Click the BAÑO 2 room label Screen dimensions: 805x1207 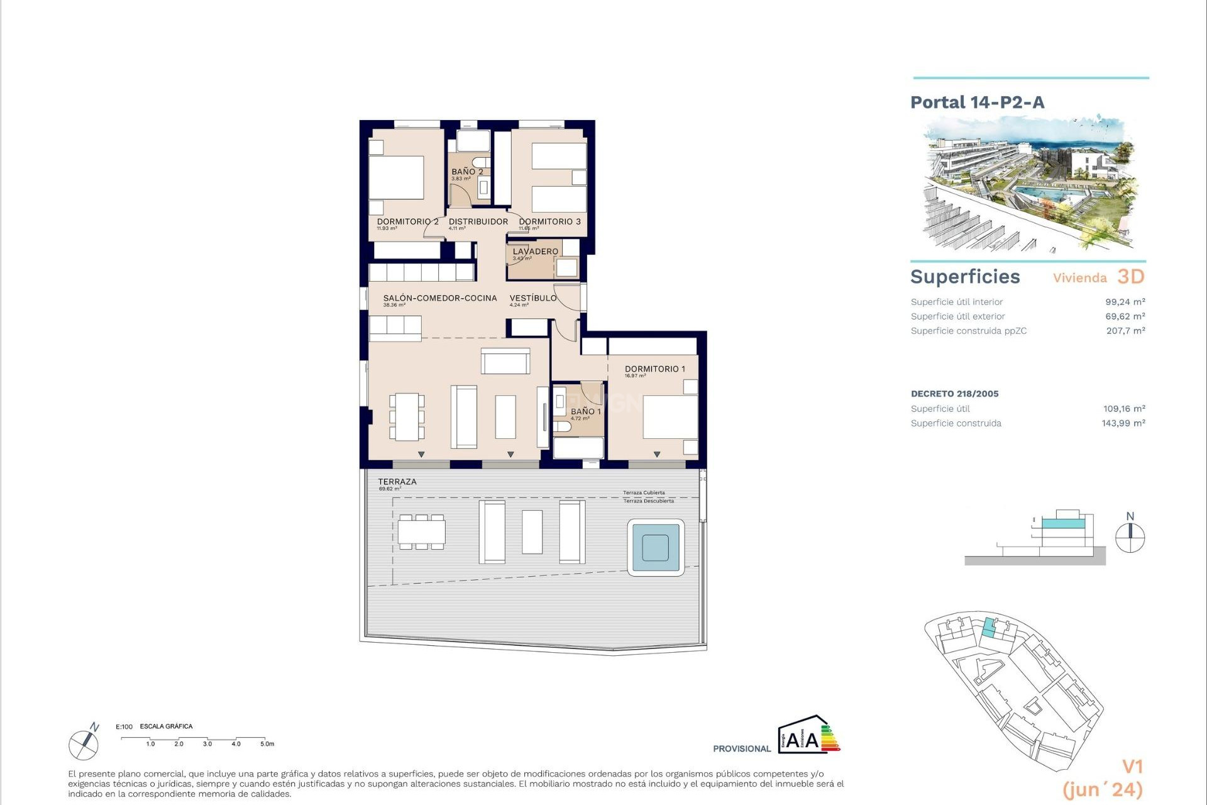pyautogui.click(x=467, y=172)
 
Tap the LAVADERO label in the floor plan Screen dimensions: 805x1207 pyautogui.click(x=535, y=252)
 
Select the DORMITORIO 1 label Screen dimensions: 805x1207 pyautogui.click(x=654, y=369)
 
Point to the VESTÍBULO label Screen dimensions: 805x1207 pyautogui.click(x=532, y=298)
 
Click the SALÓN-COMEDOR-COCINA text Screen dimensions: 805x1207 pyautogui.click(x=439, y=298)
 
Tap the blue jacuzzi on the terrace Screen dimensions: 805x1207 pyautogui.click(x=656, y=547)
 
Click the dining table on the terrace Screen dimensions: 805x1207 pyautogui.click(x=421, y=532)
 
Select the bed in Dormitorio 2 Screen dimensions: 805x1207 pyautogui.click(x=396, y=178)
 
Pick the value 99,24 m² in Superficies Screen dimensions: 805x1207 pyautogui.click(x=1125, y=302)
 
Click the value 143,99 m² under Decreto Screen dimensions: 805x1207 pyautogui.click(x=1123, y=423)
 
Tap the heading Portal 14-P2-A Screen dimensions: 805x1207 pyautogui.click(x=977, y=103)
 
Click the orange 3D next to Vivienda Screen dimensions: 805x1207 pyautogui.click(x=1130, y=277)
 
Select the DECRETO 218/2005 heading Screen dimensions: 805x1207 pyautogui.click(x=954, y=394)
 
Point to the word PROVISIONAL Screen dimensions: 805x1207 pyautogui.click(x=741, y=748)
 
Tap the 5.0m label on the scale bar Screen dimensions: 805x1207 pyautogui.click(x=267, y=744)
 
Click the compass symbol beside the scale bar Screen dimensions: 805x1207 pyautogui.click(x=84, y=743)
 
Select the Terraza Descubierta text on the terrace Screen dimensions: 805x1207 pyautogui.click(x=648, y=501)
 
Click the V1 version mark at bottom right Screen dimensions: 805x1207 pyautogui.click(x=1132, y=767)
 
